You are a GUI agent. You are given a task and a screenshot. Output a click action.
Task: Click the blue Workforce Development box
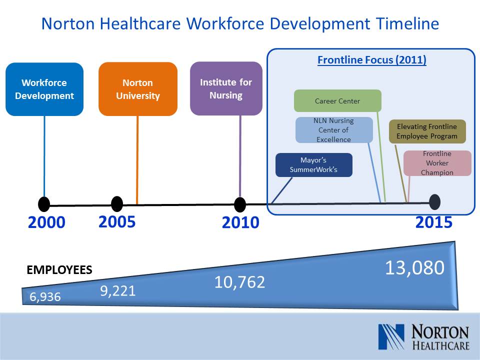pyautogui.click(x=44, y=89)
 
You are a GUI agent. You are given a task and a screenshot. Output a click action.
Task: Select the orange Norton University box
pyautogui.click(x=138, y=89)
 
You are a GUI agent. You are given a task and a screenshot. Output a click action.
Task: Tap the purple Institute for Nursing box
pyautogui.click(x=226, y=88)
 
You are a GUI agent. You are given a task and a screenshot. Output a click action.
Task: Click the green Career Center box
pyautogui.click(x=337, y=100)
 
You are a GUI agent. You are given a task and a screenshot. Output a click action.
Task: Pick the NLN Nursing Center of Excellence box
pyautogui.click(x=334, y=130)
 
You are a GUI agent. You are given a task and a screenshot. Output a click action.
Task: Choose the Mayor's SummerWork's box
pyautogui.click(x=314, y=165)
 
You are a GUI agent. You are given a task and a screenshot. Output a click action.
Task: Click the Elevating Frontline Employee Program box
pyautogui.click(x=427, y=131)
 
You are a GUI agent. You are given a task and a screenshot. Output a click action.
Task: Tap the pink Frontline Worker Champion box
pyautogui.click(x=437, y=163)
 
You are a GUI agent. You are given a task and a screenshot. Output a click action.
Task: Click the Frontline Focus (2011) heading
pyautogui.click(x=372, y=59)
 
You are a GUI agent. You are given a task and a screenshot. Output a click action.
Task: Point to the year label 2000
pyautogui.click(x=46, y=222)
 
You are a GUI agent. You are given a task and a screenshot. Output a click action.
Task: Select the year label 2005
pyautogui.click(x=117, y=221)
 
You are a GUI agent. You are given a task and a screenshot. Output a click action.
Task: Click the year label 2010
pyautogui.click(x=240, y=222)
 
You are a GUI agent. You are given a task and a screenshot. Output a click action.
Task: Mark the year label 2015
pyautogui.click(x=434, y=222)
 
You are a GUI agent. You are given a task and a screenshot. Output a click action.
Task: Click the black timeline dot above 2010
pyautogui.click(x=240, y=204)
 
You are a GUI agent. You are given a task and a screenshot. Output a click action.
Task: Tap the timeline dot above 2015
pyautogui.click(x=434, y=202)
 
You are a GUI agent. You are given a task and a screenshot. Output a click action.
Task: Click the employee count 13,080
pyautogui.click(x=415, y=267)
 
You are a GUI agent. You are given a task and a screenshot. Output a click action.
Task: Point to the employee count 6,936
pyautogui.click(x=45, y=297)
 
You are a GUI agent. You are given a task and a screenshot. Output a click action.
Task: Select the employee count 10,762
pyautogui.click(x=239, y=282)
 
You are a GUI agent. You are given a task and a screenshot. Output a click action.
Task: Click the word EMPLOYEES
pyautogui.click(x=59, y=270)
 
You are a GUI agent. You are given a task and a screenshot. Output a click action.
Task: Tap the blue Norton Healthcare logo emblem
pyautogui.click(x=391, y=336)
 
